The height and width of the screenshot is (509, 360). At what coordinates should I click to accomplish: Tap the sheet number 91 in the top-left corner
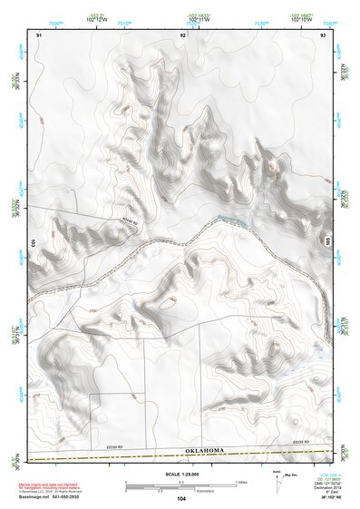[39, 34]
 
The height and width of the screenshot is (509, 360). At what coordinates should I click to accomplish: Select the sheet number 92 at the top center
[182, 34]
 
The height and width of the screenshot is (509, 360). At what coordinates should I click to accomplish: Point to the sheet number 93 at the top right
[323, 34]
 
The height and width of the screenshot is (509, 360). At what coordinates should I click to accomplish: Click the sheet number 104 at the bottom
[181, 498]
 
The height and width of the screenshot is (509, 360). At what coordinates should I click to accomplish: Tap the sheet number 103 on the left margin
[32, 243]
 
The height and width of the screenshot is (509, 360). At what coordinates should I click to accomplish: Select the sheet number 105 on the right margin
[328, 243]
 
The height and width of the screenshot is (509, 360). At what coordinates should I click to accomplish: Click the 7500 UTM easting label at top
[56, 24]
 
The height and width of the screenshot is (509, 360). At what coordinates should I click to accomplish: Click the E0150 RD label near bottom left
[113, 445]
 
